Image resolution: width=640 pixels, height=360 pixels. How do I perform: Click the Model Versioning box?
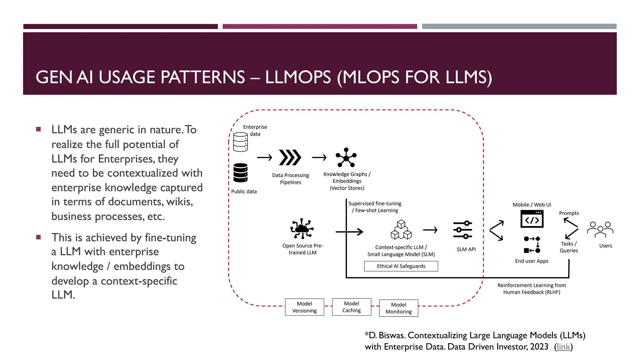(304, 307)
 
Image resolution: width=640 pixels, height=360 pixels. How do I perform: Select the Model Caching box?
(352, 307)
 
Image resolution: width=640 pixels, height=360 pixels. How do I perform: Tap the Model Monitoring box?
(398, 308)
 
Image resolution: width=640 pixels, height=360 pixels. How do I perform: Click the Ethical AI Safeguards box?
(401, 266)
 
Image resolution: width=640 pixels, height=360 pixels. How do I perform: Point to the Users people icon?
(600, 229)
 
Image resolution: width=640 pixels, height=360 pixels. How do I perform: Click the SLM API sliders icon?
(463, 230)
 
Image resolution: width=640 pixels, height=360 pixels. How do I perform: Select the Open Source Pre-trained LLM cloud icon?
(302, 228)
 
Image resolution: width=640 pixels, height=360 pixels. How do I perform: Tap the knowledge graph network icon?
(346, 157)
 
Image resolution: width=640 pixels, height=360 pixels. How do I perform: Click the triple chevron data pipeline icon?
(290, 157)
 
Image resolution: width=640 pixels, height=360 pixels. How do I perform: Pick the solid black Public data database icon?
(240, 172)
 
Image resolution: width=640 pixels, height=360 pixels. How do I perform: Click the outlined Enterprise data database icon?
(240, 142)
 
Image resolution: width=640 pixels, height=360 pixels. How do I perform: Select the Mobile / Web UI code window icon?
(532, 219)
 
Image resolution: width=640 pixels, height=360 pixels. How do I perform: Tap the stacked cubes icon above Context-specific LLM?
(401, 230)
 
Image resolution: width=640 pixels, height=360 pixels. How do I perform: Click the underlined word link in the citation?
(563, 347)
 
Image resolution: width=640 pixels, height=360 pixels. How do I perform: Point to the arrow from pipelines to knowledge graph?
(319, 157)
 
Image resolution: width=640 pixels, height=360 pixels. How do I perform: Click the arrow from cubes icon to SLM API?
(430, 230)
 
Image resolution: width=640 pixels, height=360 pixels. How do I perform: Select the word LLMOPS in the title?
(298, 77)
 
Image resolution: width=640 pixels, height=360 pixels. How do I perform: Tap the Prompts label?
(569, 213)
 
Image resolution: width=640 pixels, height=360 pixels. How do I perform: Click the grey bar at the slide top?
(519, 27)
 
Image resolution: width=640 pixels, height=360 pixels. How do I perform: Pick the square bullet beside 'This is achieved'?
(38, 237)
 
